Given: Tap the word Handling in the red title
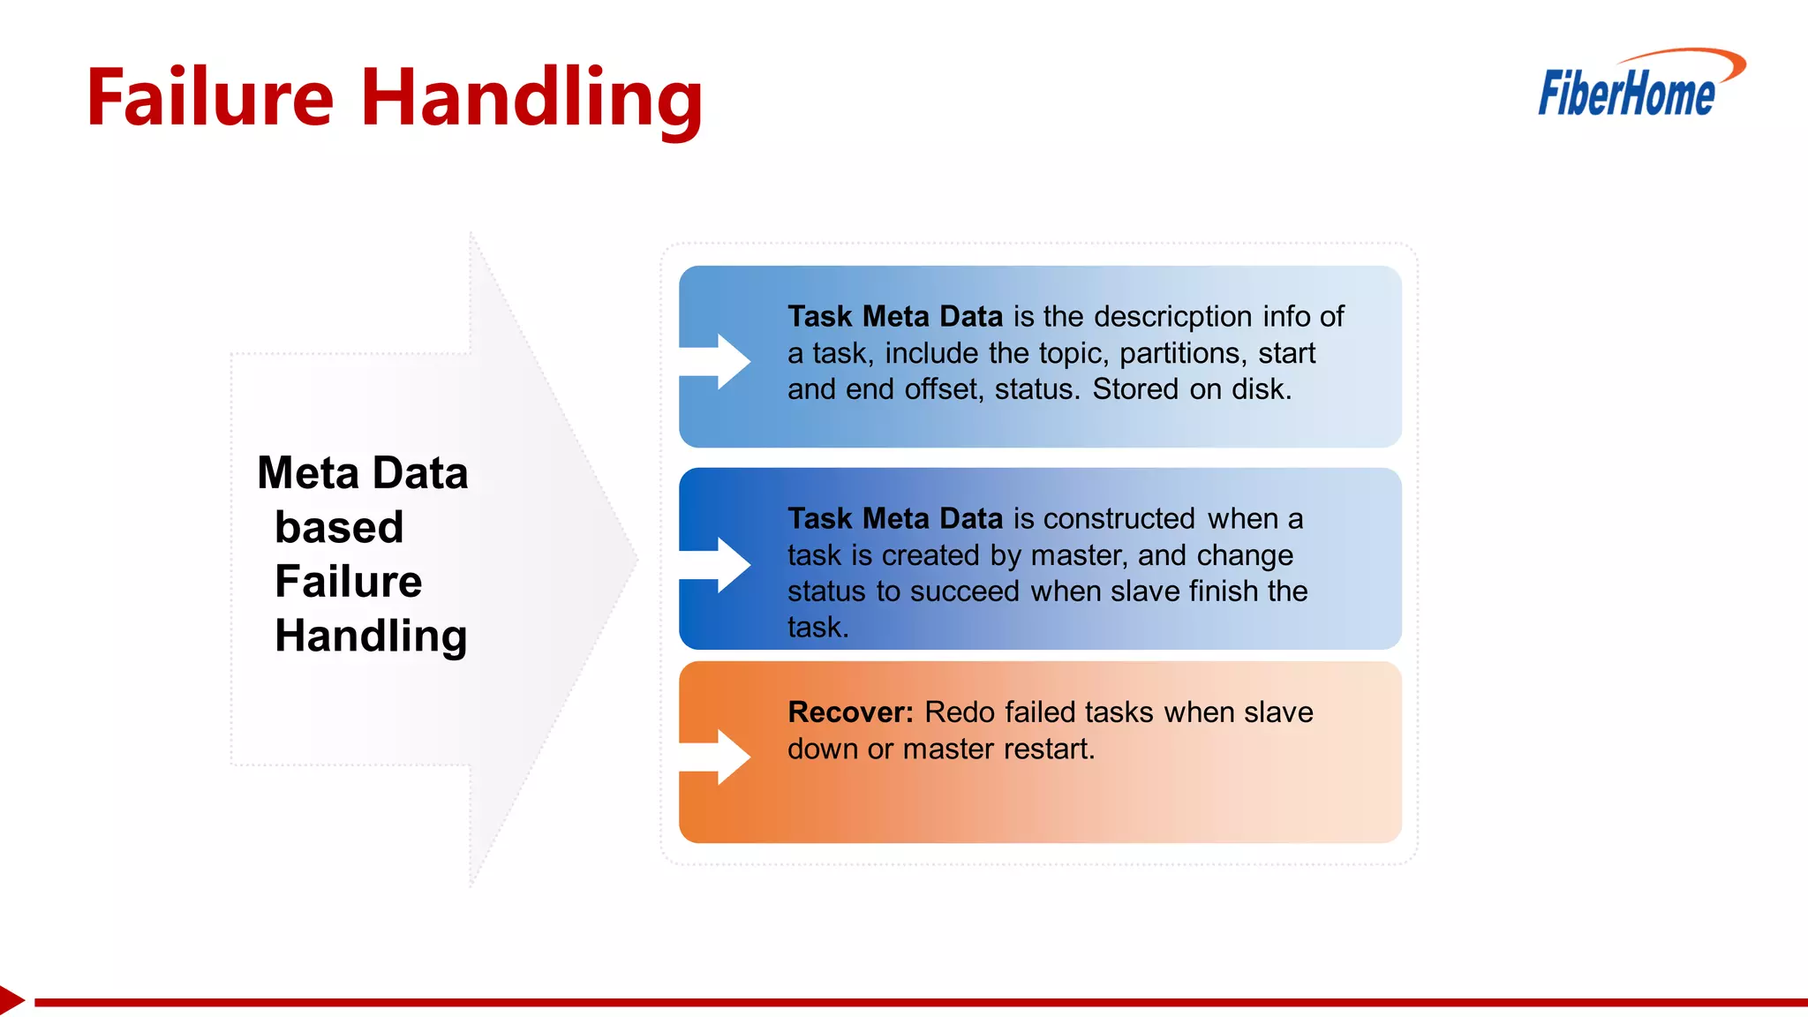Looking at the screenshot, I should point(531,99).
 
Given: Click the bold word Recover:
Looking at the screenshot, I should point(850,712).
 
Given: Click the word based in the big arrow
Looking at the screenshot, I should point(339,527).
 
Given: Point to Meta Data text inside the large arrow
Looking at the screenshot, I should point(362,472).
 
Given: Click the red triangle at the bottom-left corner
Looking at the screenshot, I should point(11,1000).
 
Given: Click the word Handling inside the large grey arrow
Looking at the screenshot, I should point(371,636).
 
